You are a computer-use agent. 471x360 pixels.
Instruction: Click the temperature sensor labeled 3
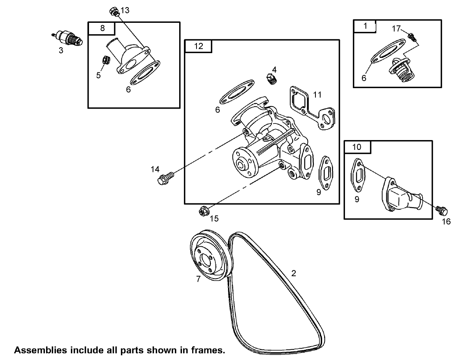click(68, 38)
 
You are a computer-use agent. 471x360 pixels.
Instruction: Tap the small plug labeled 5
click(106, 61)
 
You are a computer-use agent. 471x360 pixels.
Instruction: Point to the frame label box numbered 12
click(198, 46)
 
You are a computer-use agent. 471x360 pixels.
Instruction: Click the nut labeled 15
click(204, 211)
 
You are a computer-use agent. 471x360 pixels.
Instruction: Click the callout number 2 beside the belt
click(293, 273)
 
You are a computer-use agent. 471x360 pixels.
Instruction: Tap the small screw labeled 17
click(412, 37)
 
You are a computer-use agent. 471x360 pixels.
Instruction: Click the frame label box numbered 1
click(365, 26)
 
